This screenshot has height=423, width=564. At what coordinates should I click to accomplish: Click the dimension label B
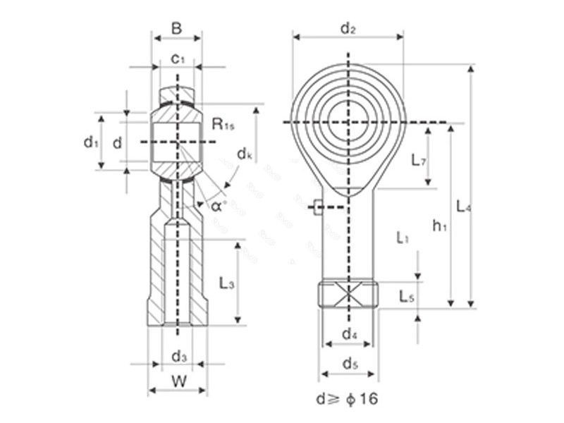click(177, 29)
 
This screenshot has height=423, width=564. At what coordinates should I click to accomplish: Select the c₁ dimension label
click(178, 59)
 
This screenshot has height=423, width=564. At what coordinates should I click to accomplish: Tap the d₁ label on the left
click(90, 142)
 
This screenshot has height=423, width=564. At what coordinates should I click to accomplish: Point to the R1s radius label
click(223, 125)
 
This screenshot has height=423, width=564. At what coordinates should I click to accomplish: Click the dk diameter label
click(245, 153)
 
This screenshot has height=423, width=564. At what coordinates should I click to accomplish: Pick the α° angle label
click(219, 206)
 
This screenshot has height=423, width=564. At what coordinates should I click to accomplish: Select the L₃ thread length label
click(226, 283)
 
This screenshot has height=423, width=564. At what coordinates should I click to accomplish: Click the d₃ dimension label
click(179, 356)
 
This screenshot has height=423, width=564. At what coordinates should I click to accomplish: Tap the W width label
click(178, 381)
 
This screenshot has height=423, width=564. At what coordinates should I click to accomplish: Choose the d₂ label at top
click(348, 28)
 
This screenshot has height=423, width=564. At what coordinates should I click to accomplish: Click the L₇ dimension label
click(419, 160)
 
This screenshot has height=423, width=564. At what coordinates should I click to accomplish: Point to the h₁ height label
click(440, 226)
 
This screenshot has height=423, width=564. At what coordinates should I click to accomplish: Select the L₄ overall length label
click(463, 207)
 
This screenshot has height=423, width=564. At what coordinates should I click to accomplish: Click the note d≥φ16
click(346, 399)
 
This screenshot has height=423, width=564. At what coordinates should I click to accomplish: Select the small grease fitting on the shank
click(317, 207)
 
